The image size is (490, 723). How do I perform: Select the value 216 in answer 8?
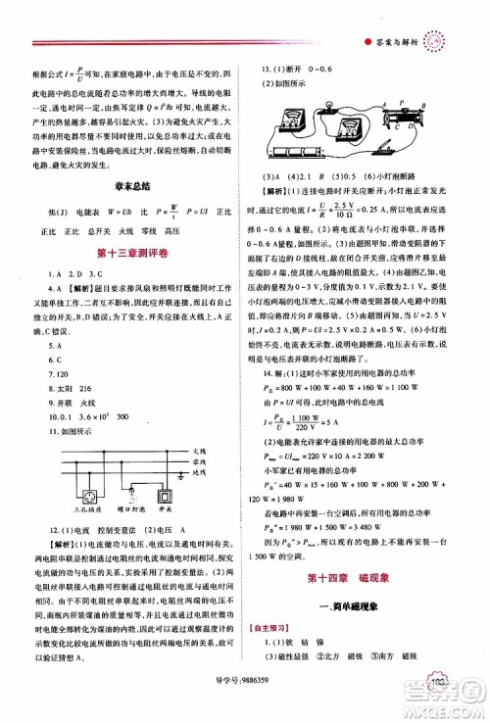(81, 388)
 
